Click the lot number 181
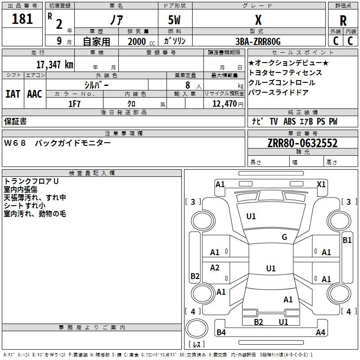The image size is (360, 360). [22, 19]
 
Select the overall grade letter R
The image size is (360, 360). [343, 21]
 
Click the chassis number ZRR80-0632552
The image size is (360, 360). [302, 143]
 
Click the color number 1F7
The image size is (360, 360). [74, 104]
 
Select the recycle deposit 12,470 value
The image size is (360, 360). [224, 104]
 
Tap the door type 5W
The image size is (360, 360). [175, 20]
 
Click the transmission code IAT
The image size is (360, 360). [13, 94]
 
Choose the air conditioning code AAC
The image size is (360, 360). [35, 94]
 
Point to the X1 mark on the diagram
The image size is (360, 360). [321, 184]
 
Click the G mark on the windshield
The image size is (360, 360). [284, 237]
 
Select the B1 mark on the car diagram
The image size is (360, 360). [347, 240]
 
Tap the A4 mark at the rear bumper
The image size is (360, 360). [320, 333]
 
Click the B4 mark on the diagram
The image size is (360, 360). [221, 333]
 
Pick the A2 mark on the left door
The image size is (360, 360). [215, 268]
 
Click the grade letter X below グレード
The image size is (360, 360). [258, 20]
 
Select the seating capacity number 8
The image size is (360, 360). [186, 85]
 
